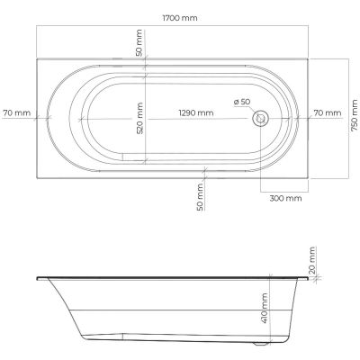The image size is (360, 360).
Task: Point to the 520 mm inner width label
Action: click(x=139, y=117)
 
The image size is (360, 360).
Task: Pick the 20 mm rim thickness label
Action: click(x=312, y=259)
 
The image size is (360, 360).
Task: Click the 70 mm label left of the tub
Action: click(x=17, y=112)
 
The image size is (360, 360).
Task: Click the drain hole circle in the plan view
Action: click(x=261, y=117)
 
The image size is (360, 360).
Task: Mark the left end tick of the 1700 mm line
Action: click(x=37, y=26)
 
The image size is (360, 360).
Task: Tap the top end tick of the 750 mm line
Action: click(x=347, y=58)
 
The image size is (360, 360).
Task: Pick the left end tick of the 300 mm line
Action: click(x=261, y=191)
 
